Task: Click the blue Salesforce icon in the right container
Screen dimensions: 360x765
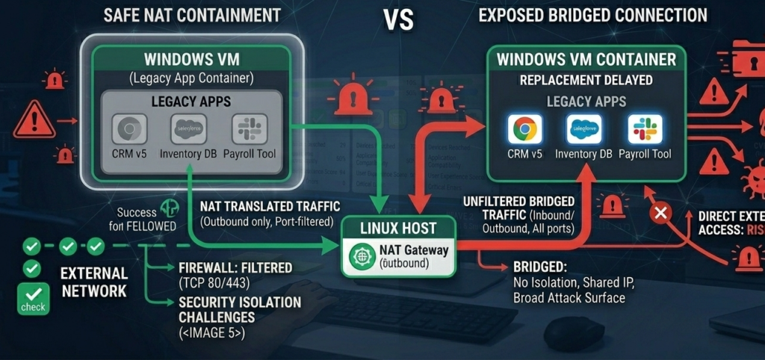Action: coord(583,129)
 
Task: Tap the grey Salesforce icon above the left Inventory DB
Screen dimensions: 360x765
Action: coord(188,129)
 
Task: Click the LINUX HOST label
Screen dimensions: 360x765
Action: coord(397,227)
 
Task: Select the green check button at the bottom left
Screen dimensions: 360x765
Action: coord(32,299)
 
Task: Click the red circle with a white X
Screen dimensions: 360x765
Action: coord(660,214)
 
